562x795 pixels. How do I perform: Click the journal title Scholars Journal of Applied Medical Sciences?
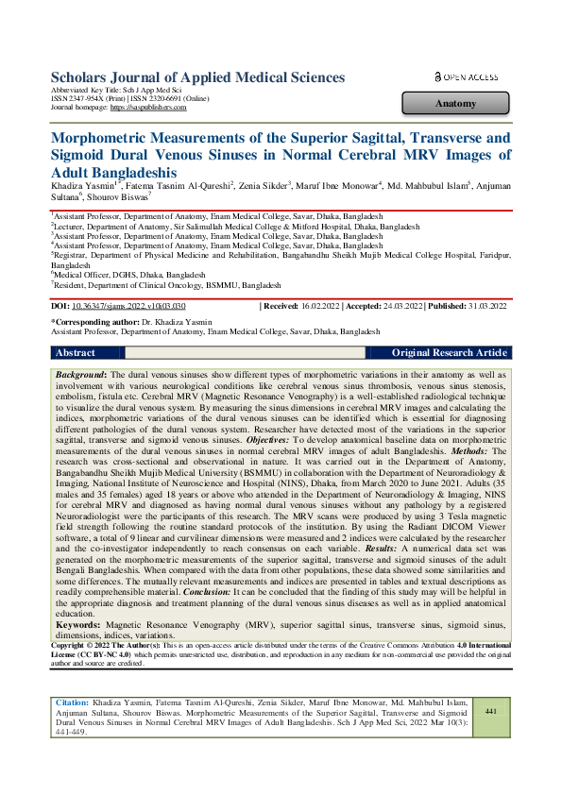pyautogui.click(x=196, y=76)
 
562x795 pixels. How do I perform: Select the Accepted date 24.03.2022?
pyautogui.click(x=400, y=307)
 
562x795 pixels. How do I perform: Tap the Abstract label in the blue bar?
pyautogui.click(x=76, y=352)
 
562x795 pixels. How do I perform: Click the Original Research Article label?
pyautogui.click(x=450, y=352)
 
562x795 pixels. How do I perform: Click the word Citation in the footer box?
pyautogui.click(x=73, y=703)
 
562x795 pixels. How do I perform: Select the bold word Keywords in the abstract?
pyautogui.click(x=82, y=625)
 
